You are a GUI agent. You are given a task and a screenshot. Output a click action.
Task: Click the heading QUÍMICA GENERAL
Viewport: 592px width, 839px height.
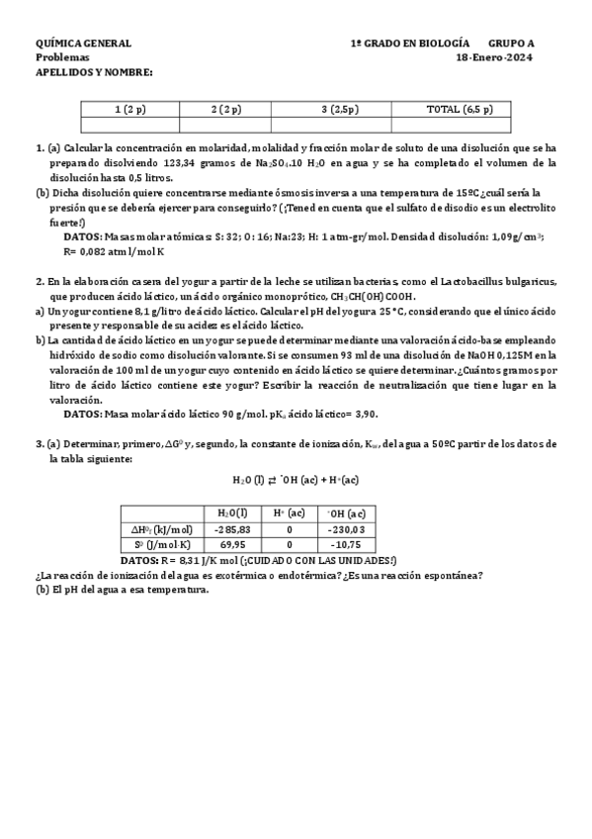pyautogui.click(x=83, y=45)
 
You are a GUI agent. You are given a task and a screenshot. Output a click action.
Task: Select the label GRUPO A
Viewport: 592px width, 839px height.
pyautogui.click(x=511, y=45)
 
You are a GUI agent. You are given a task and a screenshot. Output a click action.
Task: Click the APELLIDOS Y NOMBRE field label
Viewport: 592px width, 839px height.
pyautogui.click(x=94, y=72)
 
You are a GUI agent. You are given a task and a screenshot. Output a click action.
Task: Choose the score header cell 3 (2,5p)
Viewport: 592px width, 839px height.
pyautogui.click(x=340, y=109)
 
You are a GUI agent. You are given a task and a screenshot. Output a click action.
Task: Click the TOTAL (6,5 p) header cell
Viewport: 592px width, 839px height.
pyautogui.click(x=460, y=109)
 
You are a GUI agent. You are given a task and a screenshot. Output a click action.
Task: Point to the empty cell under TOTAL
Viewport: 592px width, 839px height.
pyautogui.click(x=460, y=125)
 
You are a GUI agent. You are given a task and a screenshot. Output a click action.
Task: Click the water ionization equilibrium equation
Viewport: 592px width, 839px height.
pyautogui.click(x=296, y=479)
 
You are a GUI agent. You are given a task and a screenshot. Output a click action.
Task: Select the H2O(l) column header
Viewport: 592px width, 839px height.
pyautogui.click(x=232, y=513)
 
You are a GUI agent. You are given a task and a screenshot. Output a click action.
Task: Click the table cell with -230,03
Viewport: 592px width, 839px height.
pyautogui.click(x=345, y=529)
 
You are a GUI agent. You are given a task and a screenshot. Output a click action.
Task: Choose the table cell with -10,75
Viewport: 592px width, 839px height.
pyautogui.click(x=345, y=545)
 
